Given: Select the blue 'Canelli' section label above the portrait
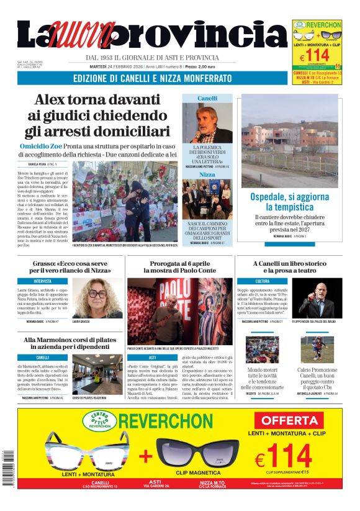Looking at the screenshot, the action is (207, 98).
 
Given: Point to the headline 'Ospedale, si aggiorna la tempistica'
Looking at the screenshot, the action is (280, 201).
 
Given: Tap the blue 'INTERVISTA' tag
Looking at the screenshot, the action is (43, 281).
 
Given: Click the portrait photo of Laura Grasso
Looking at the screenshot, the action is (97, 297).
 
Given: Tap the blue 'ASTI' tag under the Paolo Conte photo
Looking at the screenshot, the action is (153, 358).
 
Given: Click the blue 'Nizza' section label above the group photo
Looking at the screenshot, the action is (207, 175).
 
